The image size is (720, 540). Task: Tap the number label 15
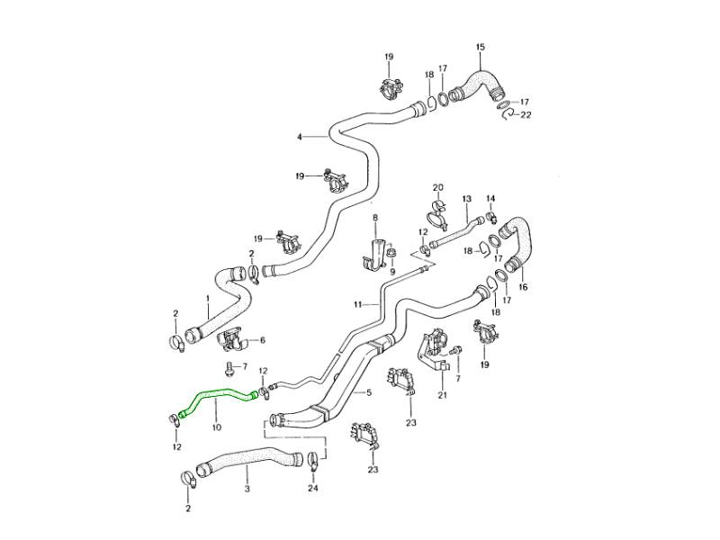(x=480, y=47)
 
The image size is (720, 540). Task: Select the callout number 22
(x=526, y=115)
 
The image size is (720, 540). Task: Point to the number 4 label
(x=300, y=137)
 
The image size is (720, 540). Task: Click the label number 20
(x=438, y=187)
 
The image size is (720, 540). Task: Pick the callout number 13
(x=466, y=198)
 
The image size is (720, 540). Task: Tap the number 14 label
(x=491, y=198)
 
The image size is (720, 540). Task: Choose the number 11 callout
(x=357, y=304)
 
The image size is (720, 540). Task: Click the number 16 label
(x=523, y=286)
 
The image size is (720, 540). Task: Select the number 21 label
(x=442, y=395)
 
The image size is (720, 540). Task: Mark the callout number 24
(x=312, y=489)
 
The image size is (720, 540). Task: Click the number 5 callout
(x=366, y=393)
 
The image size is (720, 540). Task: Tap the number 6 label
(x=262, y=340)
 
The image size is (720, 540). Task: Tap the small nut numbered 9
(x=391, y=251)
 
